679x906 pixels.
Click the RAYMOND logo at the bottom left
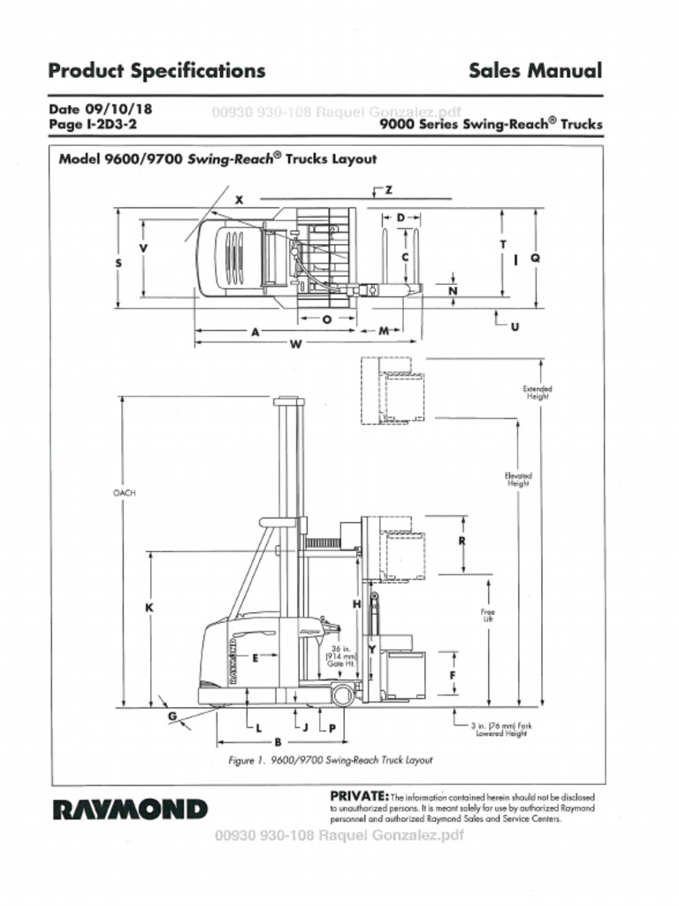tap(131, 810)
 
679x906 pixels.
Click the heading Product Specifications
tap(156, 70)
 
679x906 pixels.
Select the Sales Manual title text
tap(535, 70)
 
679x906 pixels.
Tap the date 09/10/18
tap(118, 110)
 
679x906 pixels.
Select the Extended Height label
tap(537, 392)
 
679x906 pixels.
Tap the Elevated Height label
tap(518, 480)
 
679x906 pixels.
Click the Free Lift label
tap(487, 615)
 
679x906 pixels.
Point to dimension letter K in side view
tap(149, 608)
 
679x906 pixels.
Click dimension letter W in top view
tap(295, 344)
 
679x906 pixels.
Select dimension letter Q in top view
tap(535, 257)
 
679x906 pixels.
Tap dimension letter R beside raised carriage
tap(462, 541)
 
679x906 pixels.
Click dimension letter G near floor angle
tap(172, 715)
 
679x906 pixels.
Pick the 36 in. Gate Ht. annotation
tap(341, 657)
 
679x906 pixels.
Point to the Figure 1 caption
tap(330, 760)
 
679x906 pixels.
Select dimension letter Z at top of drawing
tap(388, 190)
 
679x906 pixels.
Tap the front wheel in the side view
tap(342, 695)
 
